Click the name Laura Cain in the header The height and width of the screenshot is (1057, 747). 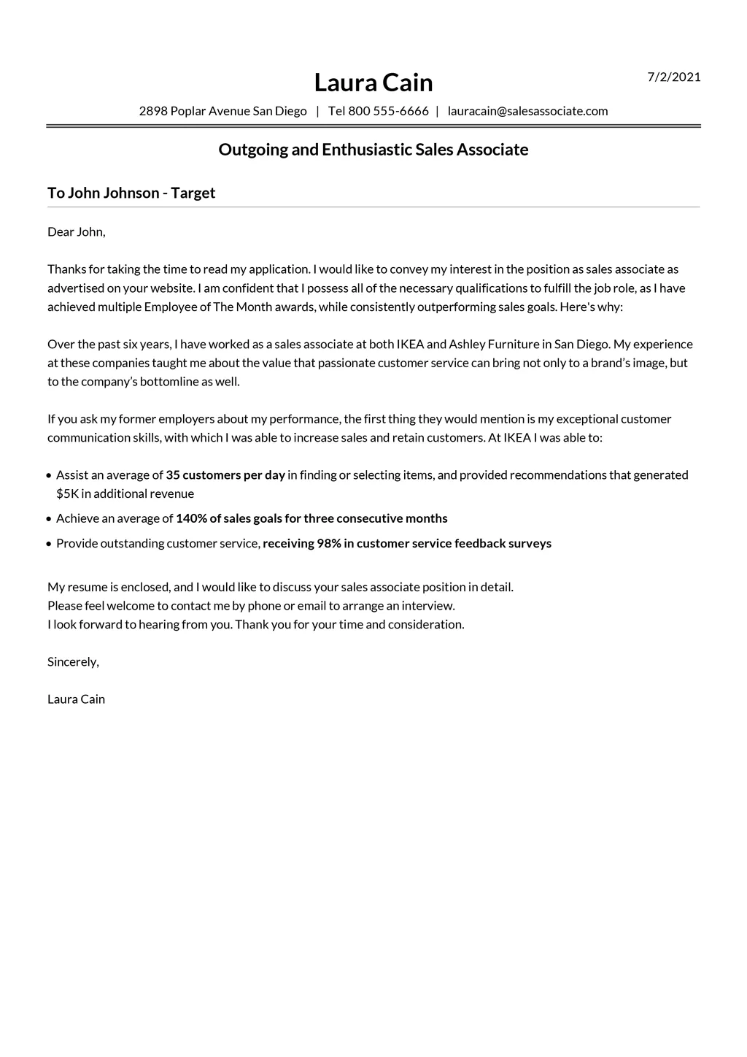point(373,82)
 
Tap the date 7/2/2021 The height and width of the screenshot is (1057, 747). point(674,77)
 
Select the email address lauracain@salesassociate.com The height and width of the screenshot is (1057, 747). point(527,111)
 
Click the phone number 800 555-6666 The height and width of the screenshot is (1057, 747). point(388,111)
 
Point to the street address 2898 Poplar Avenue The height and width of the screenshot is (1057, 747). point(194,111)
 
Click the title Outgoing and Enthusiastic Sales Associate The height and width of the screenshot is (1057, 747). point(373,150)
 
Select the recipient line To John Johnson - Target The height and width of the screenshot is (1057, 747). point(131,193)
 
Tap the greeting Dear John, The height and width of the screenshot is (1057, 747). point(77,232)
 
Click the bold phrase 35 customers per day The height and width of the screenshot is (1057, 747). point(225,475)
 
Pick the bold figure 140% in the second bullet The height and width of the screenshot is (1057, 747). point(191,518)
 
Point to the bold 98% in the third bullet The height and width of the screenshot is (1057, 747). point(329,543)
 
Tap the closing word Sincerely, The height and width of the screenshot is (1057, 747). point(73,662)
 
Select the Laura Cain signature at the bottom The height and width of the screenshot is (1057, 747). point(76,699)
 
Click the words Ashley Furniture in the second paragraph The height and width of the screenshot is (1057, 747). point(494,345)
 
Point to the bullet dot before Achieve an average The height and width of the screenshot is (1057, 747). point(49,519)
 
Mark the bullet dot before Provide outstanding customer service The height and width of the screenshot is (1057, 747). point(49,544)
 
